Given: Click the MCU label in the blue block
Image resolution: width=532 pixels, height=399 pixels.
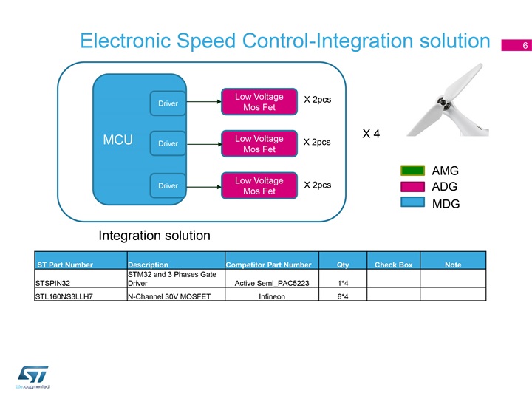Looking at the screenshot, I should tap(118, 140).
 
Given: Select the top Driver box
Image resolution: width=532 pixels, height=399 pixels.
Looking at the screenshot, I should tap(168, 103).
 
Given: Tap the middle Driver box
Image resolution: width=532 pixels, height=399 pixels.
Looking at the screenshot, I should tap(168, 143).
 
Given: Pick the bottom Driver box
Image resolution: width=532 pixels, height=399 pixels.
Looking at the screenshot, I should tap(168, 185).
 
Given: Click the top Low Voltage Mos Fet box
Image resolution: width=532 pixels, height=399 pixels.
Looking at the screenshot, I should tap(259, 103).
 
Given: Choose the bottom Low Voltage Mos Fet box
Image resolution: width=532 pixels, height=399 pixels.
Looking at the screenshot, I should tap(259, 186).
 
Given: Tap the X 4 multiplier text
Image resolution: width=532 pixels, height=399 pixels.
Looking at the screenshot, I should tap(372, 134).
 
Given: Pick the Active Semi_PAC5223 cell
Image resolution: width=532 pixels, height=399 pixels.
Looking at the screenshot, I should tap(267, 282).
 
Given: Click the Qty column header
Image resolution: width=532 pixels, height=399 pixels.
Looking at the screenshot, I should tap(342, 265).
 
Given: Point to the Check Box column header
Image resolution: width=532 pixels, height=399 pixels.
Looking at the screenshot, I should tap(393, 265).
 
